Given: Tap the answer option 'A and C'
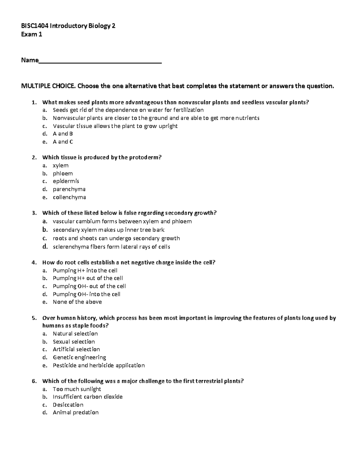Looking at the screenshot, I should tap(63, 142).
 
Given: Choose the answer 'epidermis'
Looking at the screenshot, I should tap(66, 181).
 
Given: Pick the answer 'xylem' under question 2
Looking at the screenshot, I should tap(60, 166).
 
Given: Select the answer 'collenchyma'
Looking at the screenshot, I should tap(69, 197).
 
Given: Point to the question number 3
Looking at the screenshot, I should tap(34, 213).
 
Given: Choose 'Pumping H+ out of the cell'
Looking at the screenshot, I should tap(88, 278).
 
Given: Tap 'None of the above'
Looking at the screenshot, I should tap(77, 302).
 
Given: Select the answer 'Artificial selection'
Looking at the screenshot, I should tap(76, 350).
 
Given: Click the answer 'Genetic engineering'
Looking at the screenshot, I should tap(79, 357).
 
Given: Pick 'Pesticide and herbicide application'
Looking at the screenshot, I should tap(99, 365).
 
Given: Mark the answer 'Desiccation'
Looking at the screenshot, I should tap(68, 405).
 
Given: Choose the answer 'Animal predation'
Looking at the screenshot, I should tap(76, 413).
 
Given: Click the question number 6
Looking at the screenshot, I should tap(34, 381).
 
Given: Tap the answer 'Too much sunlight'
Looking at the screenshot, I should tap(77, 389).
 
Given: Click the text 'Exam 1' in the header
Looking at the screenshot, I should tap(31, 35).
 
